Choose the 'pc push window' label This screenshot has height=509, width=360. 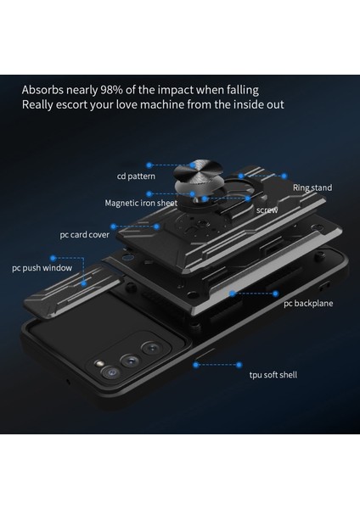(42, 268)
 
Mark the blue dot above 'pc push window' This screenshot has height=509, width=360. (53, 254)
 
